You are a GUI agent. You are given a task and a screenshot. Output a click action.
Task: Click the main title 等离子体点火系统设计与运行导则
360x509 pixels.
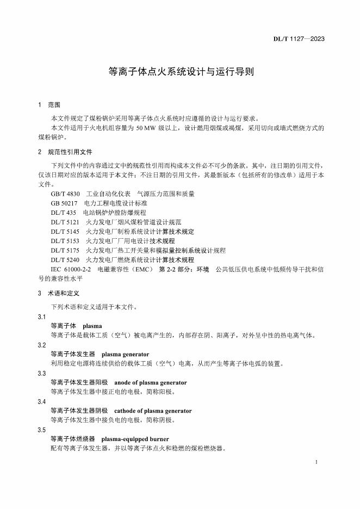point(179,71)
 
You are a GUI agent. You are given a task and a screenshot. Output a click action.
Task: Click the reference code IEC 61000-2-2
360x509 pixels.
point(71,270)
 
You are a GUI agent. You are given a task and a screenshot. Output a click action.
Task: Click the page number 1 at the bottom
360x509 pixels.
point(316,462)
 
